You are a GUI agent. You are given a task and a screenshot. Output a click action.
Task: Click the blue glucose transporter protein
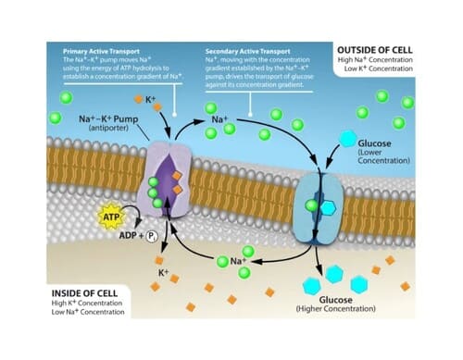(x=319, y=204)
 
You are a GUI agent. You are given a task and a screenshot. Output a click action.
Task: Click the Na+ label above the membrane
(x=220, y=120)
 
